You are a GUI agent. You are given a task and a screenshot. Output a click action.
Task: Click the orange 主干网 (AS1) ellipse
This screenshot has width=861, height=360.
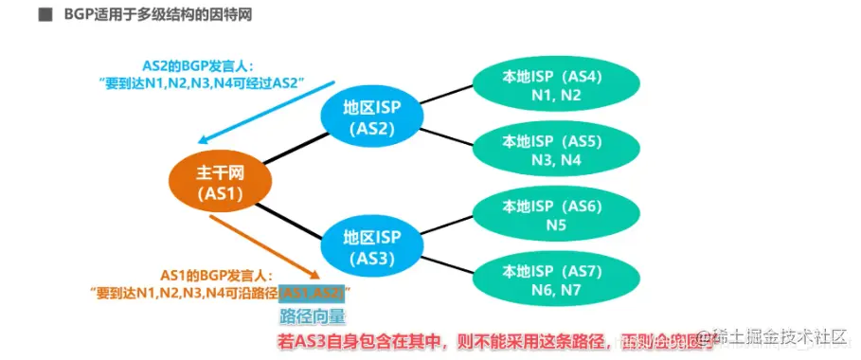click(221, 183)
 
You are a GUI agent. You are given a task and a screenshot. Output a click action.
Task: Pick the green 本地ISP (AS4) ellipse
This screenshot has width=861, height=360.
click(543, 82)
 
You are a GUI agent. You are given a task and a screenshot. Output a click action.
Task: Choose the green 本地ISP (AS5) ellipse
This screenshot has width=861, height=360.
click(543, 149)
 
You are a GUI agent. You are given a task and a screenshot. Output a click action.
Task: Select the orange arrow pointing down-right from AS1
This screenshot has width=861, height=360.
click(261, 243)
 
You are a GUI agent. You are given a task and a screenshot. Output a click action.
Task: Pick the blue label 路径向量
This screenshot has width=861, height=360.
click(312, 316)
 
